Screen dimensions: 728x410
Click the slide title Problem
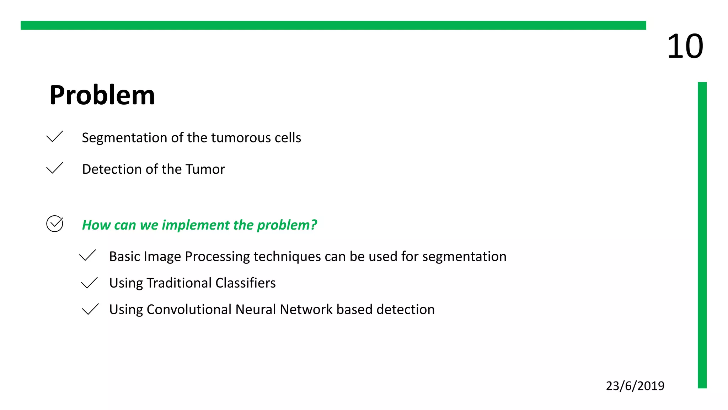pyautogui.click(x=102, y=95)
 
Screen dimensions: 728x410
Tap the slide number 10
pyautogui.click(x=685, y=46)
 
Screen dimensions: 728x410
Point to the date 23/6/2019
pyautogui.click(x=635, y=386)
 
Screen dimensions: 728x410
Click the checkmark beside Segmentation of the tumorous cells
pyautogui.click(x=54, y=137)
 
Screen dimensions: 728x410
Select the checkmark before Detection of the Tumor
pyautogui.click(x=54, y=168)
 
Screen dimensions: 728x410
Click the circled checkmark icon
pyautogui.click(x=55, y=224)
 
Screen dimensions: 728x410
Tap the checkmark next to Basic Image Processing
pyautogui.click(x=87, y=255)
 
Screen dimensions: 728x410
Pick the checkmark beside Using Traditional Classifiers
pyautogui.click(x=89, y=283)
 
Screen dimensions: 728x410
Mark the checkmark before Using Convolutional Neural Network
pyautogui.click(x=90, y=309)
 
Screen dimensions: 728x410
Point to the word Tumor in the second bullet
pyautogui.click(x=205, y=169)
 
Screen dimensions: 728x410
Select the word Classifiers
pyautogui.click(x=245, y=283)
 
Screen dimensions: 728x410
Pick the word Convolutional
pyautogui.click(x=189, y=310)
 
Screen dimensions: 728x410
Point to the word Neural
pyautogui.click(x=256, y=310)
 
